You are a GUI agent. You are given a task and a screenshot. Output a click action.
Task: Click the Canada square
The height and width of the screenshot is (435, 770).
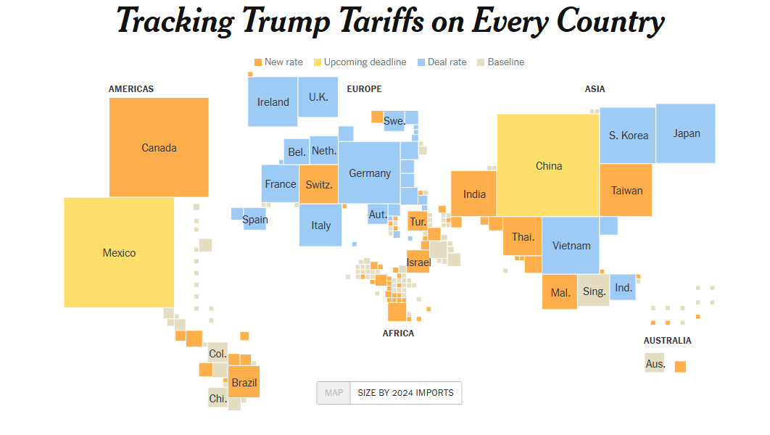(159, 147)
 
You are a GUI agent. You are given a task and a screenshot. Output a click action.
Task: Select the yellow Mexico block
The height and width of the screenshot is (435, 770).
(119, 252)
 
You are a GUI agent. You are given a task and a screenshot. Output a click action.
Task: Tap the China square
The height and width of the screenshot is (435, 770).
(548, 165)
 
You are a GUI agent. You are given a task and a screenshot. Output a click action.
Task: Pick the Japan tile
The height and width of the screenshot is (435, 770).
(686, 133)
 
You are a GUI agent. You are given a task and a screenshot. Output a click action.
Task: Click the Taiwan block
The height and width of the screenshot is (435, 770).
(626, 190)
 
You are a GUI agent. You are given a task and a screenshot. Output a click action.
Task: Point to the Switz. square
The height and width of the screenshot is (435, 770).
(319, 184)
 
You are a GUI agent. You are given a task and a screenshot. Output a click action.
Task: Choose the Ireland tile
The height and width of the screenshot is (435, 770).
(273, 101)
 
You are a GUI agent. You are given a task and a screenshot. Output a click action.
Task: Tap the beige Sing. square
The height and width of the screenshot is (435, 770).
(594, 291)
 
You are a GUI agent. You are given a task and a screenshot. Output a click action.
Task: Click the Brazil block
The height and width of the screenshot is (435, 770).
(244, 382)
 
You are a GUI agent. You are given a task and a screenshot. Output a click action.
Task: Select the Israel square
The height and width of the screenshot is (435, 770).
(418, 262)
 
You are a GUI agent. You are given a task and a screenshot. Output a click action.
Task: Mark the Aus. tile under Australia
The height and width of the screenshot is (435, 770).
(655, 362)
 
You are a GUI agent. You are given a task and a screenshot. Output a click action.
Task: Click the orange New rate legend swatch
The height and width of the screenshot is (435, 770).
(258, 62)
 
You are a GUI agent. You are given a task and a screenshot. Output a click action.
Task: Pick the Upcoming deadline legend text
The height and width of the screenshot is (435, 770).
(365, 62)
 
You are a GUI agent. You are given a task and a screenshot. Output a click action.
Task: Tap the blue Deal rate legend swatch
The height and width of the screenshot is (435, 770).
(421, 62)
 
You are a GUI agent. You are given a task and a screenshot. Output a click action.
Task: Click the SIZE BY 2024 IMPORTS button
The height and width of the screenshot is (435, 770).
(405, 393)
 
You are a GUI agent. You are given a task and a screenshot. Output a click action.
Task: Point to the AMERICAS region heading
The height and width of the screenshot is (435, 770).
(131, 89)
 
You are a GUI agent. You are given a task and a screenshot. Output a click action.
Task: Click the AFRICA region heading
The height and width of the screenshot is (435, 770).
(398, 333)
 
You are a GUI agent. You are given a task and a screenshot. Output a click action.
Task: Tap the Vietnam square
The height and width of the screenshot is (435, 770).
(571, 245)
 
